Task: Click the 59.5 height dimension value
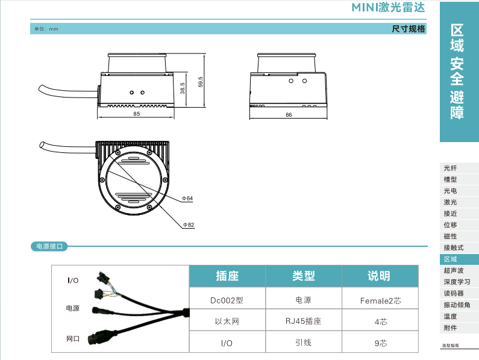click(x=201, y=82)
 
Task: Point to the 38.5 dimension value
click(x=183, y=88)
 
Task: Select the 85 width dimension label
click(x=137, y=114)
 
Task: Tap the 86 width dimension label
click(x=289, y=115)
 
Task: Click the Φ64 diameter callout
click(x=187, y=199)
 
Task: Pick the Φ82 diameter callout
click(x=189, y=225)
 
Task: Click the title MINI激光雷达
click(x=388, y=7)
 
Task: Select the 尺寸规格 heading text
click(x=409, y=29)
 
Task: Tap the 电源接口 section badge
click(x=49, y=246)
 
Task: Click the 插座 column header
click(x=227, y=276)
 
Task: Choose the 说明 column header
click(x=379, y=276)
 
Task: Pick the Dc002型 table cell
click(x=227, y=300)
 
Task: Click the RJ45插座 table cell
click(x=303, y=321)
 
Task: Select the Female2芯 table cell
click(x=380, y=301)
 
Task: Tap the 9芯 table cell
click(x=381, y=343)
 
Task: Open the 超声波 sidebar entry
click(x=454, y=270)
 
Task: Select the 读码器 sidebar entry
click(x=454, y=293)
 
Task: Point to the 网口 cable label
click(x=73, y=338)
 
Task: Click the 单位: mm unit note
click(x=46, y=29)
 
